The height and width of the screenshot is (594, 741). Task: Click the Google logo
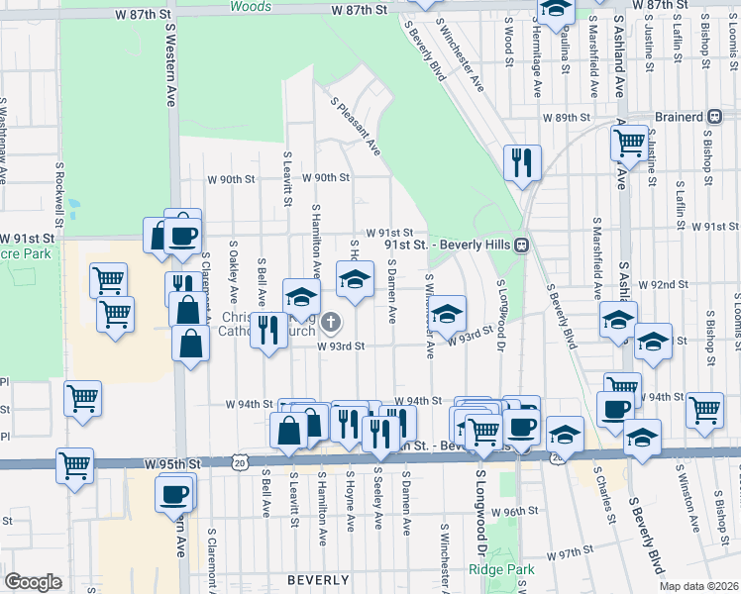pyautogui.click(x=33, y=582)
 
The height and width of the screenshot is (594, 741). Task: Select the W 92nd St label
pyautogui.click(x=663, y=284)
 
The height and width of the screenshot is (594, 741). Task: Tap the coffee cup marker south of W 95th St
pyautogui.click(x=176, y=493)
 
